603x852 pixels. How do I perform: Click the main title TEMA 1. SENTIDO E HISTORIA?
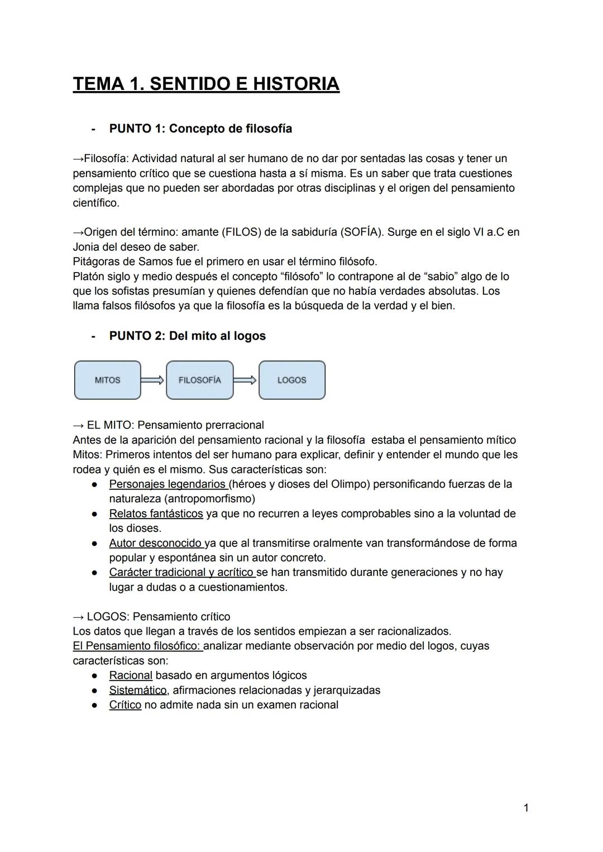tap(206, 84)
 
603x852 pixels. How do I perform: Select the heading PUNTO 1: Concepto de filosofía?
tap(200, 128)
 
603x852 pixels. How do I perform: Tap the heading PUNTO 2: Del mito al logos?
tap(187, 336)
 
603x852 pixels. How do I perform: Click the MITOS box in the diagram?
tap(107, 380)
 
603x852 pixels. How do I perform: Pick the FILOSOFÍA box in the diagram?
tap(199, 380)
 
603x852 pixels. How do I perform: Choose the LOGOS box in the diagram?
tap(291, 380)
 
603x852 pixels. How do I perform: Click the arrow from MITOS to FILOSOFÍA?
tap(152, 380)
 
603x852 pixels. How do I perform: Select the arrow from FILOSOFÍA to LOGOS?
tap(245, 380)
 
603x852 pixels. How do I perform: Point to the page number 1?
tap(526, 808)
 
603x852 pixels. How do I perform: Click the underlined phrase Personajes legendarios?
tap(167, 484)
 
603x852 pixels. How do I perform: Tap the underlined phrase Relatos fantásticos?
tap(156, 513)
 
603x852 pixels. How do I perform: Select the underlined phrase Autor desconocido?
tap(156, 543)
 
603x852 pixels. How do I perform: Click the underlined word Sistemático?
tap(137, 690)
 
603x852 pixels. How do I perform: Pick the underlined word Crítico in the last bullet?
tap(125, 705)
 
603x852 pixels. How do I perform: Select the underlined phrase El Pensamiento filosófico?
tap(137, 646)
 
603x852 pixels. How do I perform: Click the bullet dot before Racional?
tap(95, 675)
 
